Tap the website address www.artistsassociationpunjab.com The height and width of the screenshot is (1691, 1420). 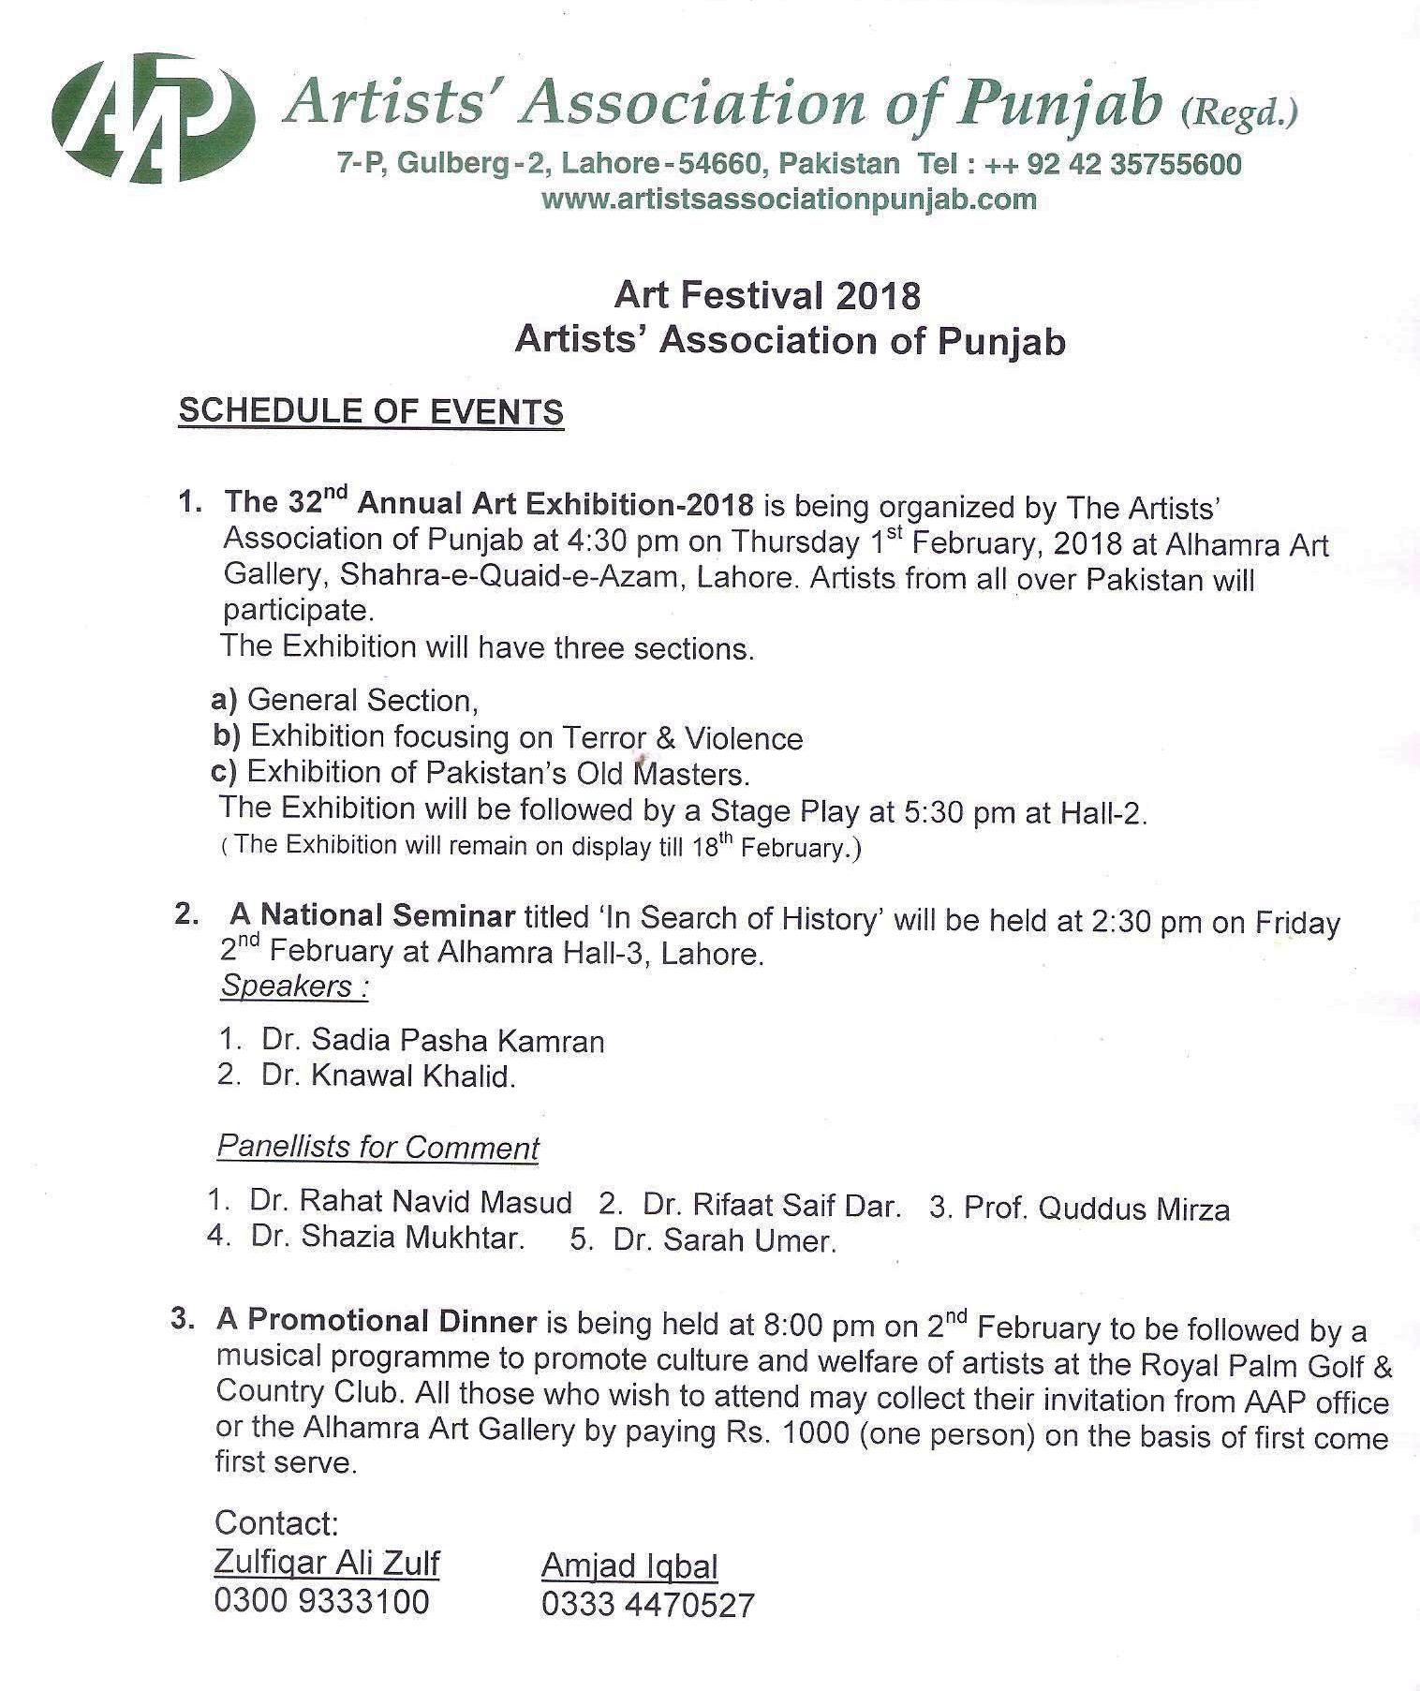(x=789, y=199)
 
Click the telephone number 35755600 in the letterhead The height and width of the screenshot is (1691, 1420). (x=1176, y=165)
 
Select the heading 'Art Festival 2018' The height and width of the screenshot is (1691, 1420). (x=767, y=296)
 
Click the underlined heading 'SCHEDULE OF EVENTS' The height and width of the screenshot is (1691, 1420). (x=371, y=411)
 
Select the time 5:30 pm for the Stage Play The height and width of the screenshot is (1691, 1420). (x=959, y=811)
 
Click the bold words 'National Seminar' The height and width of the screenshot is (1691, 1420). (x=387, y=915)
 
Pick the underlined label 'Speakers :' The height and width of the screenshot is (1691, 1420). (x=293, y=986)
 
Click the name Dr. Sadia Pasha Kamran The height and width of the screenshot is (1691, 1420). (x=433, y=1040)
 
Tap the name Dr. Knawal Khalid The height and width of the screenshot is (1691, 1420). (x=389, y=1075)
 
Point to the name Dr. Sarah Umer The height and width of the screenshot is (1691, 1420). (x=723, y=1240)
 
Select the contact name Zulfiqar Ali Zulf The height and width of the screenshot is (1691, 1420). (x=327, y=1563)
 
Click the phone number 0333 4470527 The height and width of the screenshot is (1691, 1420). (x=647, y=1604)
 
